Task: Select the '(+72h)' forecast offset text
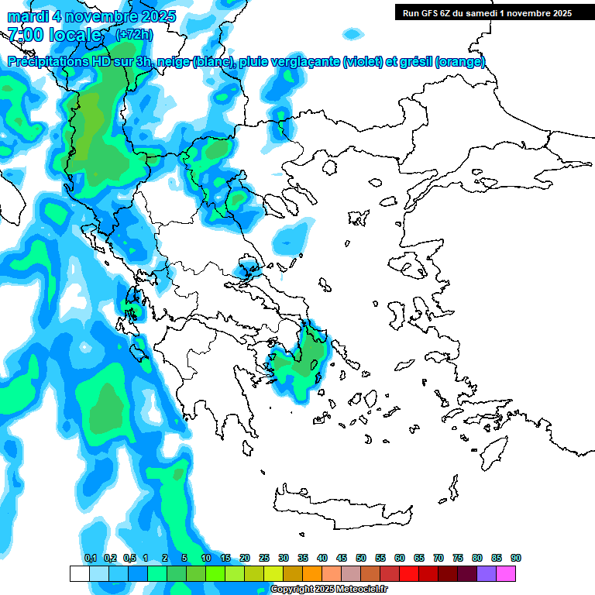(133, 35)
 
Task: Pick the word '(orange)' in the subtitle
(460, 62)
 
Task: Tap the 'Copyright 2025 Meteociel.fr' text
(329, 590)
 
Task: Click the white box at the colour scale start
(79, 573)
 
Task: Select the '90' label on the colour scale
(516, 558)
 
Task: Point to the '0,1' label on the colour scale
(90, 558)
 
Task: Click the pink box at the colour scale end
(506, 573)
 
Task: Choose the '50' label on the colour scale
(361, 558)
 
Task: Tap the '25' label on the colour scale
(264, 558)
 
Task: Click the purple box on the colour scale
(487, 573)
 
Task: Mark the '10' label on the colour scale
(206, 558)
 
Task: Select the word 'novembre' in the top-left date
(102, 16)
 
